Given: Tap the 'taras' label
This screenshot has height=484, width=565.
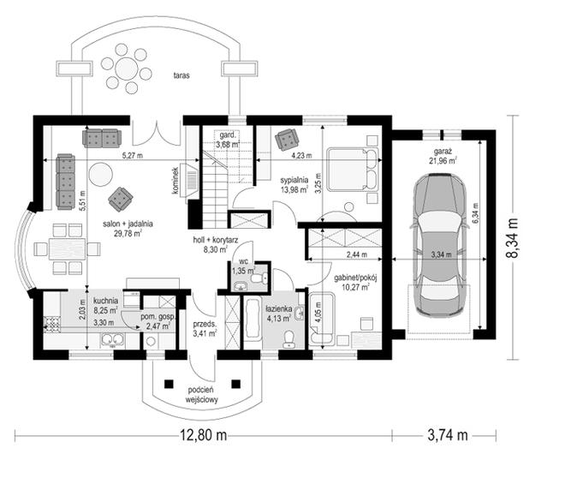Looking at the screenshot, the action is (x=181, y=75).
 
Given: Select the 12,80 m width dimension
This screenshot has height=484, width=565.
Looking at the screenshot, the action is (x=204, y=435).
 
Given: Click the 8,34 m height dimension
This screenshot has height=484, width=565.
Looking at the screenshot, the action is (x=512, y=237).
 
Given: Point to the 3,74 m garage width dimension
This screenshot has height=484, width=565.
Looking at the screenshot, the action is (x=448, y=435).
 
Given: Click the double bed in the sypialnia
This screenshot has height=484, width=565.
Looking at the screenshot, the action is (x=353, y=169).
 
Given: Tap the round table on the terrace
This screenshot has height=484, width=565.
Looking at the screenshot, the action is (x=127, y=67).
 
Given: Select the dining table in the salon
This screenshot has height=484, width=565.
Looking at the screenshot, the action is (x=68, y=248).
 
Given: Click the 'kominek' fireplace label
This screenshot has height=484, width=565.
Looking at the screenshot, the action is (x=175, y=181).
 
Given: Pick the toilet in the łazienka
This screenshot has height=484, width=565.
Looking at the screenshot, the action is (x=289, y=339).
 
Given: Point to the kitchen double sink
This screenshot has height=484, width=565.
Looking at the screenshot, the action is (x=112, y=340).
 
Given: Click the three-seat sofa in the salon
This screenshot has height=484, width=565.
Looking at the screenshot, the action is (x=66, y=182).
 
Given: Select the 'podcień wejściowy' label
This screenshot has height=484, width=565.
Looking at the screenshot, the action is (x=201, y=395).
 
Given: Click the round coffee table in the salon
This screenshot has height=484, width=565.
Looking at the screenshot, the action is (x=101, y=174).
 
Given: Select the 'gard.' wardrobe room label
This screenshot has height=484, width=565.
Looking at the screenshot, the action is (x=228, y=135).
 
